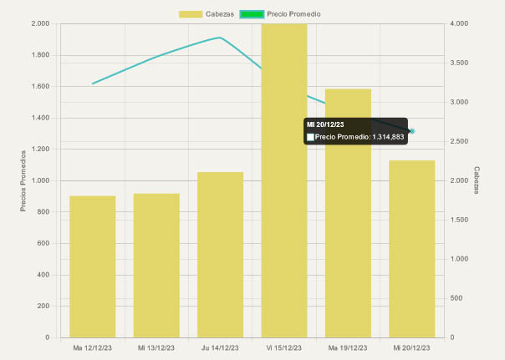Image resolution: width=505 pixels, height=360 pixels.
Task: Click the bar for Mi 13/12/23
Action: pos(156,265)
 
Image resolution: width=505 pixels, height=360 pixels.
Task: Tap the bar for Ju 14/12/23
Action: pos(220,254)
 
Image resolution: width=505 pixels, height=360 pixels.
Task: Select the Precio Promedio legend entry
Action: pos(280,14)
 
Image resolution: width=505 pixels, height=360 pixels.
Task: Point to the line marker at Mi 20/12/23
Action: pos(412,131)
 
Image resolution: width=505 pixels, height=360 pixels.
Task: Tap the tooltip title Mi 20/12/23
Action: pos(325,124)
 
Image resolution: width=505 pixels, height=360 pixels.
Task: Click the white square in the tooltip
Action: pos(310,136)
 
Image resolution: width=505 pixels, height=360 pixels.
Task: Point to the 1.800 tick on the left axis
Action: pos(40,55)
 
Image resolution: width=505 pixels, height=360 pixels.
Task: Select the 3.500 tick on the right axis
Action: pos(460,63)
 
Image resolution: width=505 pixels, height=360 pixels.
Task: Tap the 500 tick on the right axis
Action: pos(457,298)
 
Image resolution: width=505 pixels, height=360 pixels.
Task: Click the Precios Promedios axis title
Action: pos(24,180)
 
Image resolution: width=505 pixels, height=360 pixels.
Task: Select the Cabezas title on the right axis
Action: pos(477,180)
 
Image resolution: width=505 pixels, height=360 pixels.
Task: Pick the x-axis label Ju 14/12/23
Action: pos(220,347)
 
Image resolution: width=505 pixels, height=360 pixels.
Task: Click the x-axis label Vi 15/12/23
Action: pos(284,347)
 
